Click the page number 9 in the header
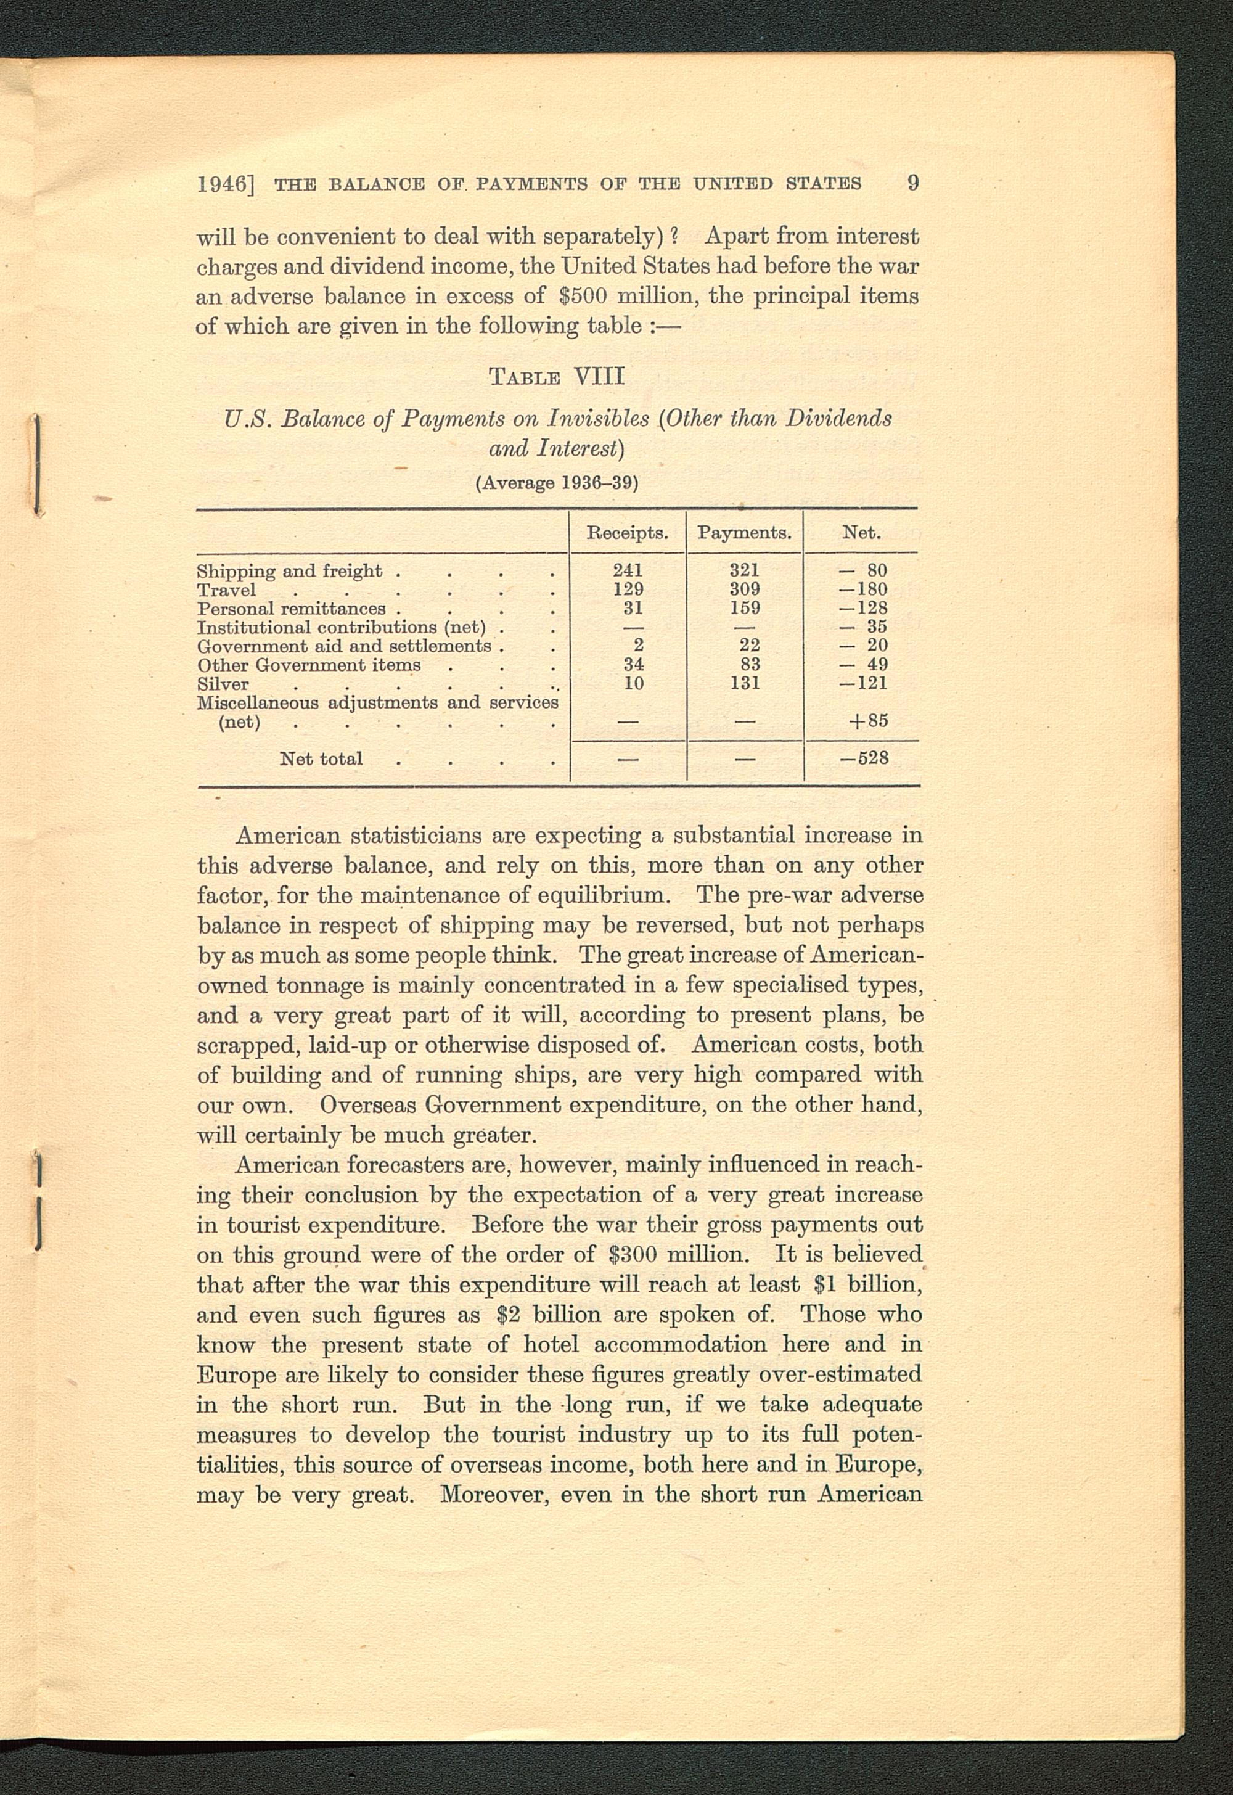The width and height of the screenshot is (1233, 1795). point(912,183)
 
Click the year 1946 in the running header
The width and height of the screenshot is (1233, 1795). point(222,184)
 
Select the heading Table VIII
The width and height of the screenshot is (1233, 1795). point(556,377)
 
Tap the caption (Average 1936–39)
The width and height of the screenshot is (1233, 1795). point(556,483)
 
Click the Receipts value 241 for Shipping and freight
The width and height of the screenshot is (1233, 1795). point(628,570)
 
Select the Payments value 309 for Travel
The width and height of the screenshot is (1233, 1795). point(745,589)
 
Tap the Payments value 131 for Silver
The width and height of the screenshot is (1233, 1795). point(745,683)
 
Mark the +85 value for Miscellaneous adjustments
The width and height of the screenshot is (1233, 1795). point(867,721)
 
